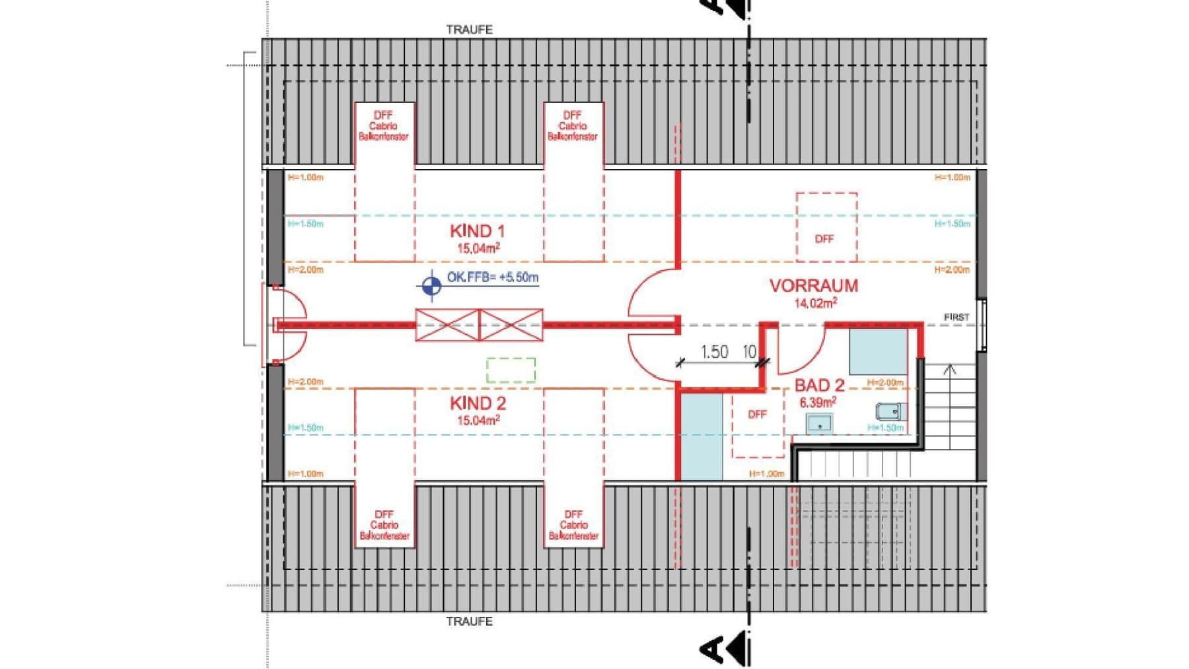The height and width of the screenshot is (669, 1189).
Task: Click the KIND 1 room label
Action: pyautogui.click(x=477, y=231)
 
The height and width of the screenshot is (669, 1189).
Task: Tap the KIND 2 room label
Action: pyautogui.click(x=477, y=403)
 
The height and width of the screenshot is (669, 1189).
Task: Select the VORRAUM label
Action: pyautogui.click(x=814, y=286)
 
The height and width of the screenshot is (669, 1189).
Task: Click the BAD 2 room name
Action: pyautogui.click(x=819, y=385)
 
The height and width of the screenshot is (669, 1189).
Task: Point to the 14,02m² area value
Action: pyautogui.click(x=815, y=303)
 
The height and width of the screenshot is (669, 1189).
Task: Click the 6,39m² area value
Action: pyautogui.click(x=818, y=402)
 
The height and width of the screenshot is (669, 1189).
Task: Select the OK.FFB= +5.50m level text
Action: pyautogui.click(x=492, y=277)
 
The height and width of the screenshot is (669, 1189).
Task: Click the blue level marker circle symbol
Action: pyautogui.click(x=431, y=286)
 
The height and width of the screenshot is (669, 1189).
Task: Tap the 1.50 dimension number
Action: pyautogui.click(x=714, y=352)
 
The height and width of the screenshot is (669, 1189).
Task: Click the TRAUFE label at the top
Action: pyautogui.click(x=469, y=30)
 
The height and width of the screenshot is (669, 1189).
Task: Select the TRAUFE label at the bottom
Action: pyautogui.click(x=469, y=621)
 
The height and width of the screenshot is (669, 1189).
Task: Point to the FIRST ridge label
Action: pyautogui.click(x=956, y=318)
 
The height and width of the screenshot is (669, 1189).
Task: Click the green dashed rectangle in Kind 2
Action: pyautogui.click(x=511, y=370)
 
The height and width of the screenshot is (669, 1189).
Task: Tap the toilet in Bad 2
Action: pyautogui.click(x=888, y=412)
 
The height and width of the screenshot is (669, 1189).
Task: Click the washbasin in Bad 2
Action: pyautogui.click(x=819, y=423)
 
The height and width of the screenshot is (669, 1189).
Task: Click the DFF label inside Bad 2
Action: pyautogui.click(x=757, y=414)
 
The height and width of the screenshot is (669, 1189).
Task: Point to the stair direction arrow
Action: pyautogui.click(x=949, y=370)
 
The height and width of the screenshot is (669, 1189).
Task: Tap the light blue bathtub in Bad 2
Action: pyautogui.click(x=878, y=352)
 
